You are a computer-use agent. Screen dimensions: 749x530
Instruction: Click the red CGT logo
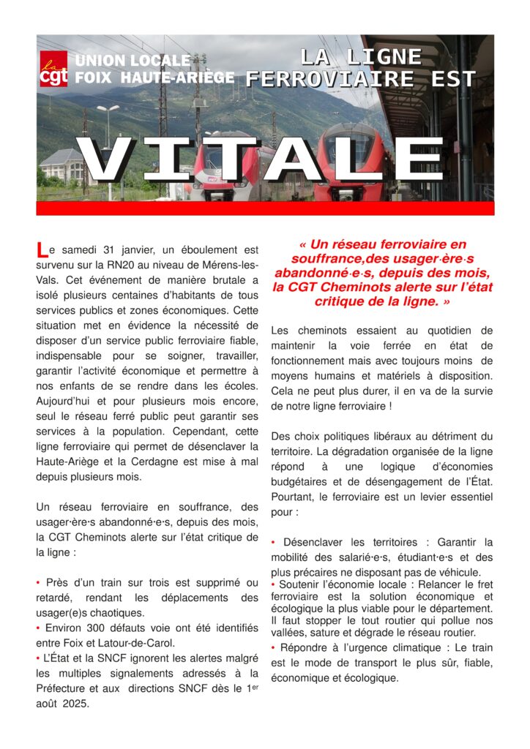[x=53, y=69]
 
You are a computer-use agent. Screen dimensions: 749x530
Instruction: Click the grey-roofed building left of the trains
[x=63, y=167]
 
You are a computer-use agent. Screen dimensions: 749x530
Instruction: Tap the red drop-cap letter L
[x=42, y=250]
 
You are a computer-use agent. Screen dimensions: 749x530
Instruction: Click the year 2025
[x=76, y=704]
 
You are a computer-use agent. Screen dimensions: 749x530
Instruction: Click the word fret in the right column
[x=483, y=584]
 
